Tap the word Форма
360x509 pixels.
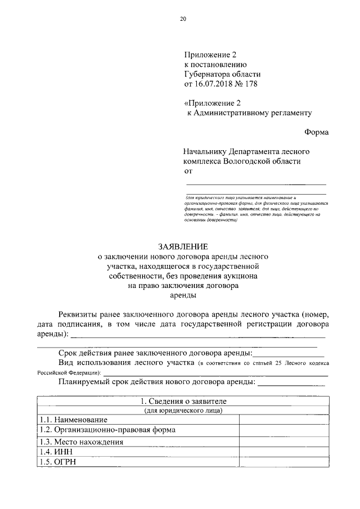316,132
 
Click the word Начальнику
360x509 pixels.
205,151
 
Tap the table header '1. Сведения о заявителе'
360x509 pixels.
183,402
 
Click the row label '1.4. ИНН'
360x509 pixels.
57,452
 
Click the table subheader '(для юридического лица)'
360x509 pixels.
183,411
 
